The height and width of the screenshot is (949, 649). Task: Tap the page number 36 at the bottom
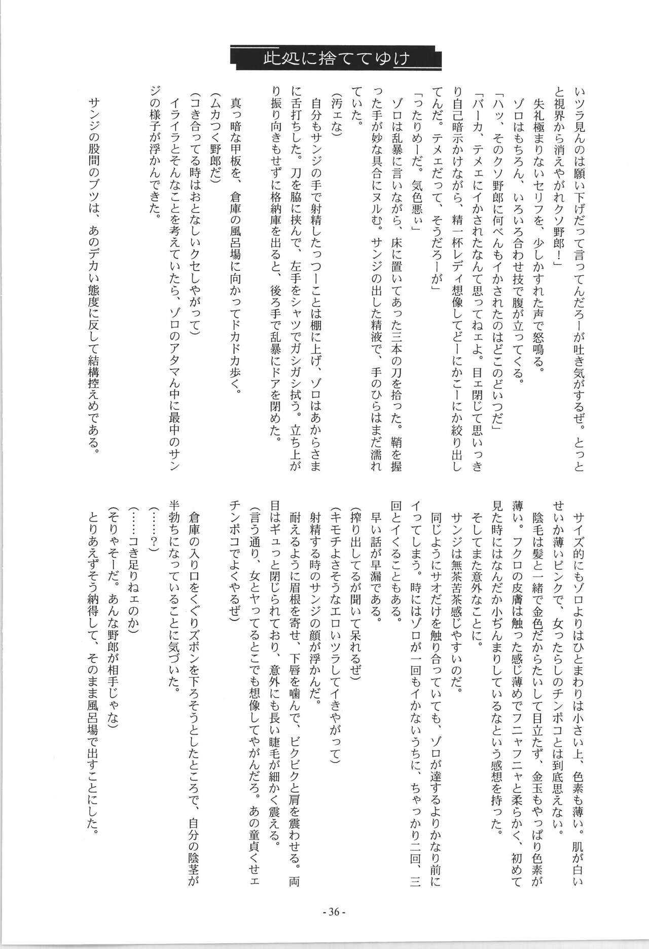[334, 897]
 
